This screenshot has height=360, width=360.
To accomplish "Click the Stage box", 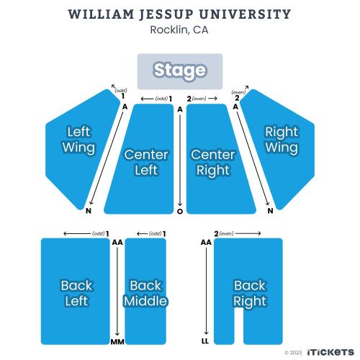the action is pyautogui.click(x=180, y=71).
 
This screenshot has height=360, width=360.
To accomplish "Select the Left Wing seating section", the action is pyautogui.click(x=79, y=149).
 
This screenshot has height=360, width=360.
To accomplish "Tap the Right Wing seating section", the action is pyautogui.click(x=281, y=149).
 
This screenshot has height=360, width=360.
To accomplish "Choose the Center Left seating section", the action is pyautogui.click(x=142, y=159).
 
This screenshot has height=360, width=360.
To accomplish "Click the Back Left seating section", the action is pyautogui.click(x=76, y=292).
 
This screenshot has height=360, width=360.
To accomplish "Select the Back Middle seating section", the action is pyautogui.click(x=145, y=292).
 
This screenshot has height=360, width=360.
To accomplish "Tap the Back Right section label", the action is pyautogui.click(x=250, y=293).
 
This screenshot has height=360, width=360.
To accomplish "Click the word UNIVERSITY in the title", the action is pyautogui.click(x=245, y=14).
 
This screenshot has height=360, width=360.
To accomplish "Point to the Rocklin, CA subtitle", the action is pyautogui.click(x=179, y=30).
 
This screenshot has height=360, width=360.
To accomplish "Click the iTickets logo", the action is pyautogui.click(x=330, y=352).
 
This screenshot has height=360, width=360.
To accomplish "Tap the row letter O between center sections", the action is pyautogui.click(x=180, y=212).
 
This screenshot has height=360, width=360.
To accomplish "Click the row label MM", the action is pyautogui.click(x=117, y=342).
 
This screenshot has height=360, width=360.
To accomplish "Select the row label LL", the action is pyautogui.click(x=205, y=341).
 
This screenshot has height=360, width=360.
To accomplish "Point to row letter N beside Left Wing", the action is pyautogui.click(x=89, y=211).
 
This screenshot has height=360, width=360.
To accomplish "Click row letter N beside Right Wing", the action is pyautogui.click(x=271, y=211).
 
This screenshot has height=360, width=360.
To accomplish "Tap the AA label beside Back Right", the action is pyautogui.click(x=206, y=243).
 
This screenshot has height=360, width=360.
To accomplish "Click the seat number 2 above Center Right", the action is pyautogui.click(x=189, y=99).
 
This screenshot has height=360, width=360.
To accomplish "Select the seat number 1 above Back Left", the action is pyautogui.click(x=107, y=233).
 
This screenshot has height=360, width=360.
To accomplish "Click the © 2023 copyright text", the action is pyautogui.click(x=293, y=353).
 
